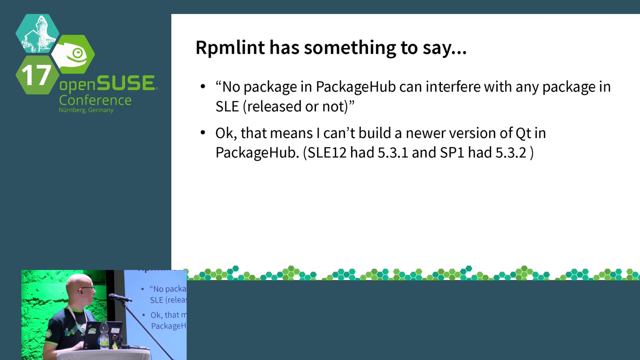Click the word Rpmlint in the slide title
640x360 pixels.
pyautogui.click(x=230, y=47)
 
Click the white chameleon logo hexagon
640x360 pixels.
pyautogui.click(x=73, y=54)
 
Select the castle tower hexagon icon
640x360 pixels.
pyautogui.click(x=37, y=33)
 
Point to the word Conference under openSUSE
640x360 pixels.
pyautogui.click(x=95, y=100)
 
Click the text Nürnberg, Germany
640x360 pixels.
pyautogui.click(x=86, y=110)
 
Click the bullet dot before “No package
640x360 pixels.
pyautogui.click(x=203, y=87)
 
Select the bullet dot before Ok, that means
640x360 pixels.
pyautogui.click(x=203, y=133)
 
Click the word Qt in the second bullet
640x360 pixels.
pyautogui.click(x=523, y=133)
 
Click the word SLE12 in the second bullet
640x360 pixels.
pyautogui.click(x=327, y=153)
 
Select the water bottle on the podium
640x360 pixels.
pyautogui.click(x=104, y=334)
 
